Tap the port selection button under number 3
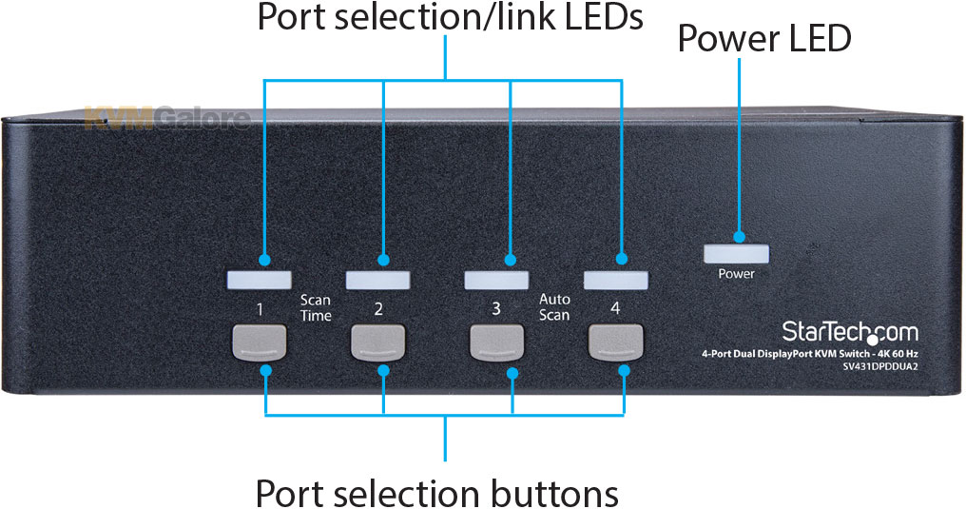click(x=496, y=343)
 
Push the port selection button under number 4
click(x=615, y=342)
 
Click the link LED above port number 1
click(x=260, y=281)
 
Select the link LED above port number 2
click(x=377, y=281)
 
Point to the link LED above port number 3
click(x=496, y=280)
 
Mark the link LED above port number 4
click(x=615, y=280)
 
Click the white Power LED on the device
click(x=736, y=254)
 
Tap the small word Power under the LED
click(x=736, y=274)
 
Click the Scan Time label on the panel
click(x=316, y=307)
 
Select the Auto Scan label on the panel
click(x=554, y=307)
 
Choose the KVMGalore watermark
click(x=167, y=118)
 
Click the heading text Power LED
click(x=764, y=38)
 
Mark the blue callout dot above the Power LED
click(x=739, y=237)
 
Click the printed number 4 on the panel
click(x=615, y=308)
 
